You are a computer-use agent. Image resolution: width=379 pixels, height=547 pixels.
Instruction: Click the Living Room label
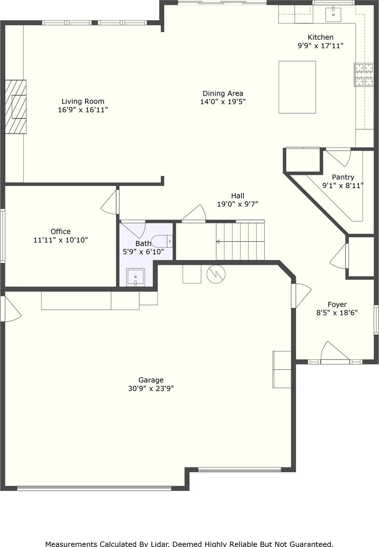pos(83,101)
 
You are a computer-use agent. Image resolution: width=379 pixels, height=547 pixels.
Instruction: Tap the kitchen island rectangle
pos(297,87)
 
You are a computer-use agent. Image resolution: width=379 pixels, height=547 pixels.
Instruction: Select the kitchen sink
pos(333,14)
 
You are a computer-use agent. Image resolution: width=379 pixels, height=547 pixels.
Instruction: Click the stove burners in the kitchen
pos(364,75)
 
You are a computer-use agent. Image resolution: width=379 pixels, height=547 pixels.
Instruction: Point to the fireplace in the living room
pos(16,107)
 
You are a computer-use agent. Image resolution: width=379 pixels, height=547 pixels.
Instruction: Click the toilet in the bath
pos(162,241)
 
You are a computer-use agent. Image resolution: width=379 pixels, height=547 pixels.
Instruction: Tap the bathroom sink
pos(135,277)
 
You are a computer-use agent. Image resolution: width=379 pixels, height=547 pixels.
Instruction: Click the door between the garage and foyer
pos(301,295)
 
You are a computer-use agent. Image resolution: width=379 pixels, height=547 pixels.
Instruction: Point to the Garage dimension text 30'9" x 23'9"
pos(151,388)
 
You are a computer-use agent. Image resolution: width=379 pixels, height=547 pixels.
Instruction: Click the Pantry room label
pos(343,177)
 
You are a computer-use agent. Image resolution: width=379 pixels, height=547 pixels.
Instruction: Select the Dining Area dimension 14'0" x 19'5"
pos(223,102)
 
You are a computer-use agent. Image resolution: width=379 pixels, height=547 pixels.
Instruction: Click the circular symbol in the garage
pos(216,274)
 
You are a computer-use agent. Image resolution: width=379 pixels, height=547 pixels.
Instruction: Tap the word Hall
pos(238,196)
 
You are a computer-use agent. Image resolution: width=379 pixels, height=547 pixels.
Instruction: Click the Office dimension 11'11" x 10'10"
pos(61,240)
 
